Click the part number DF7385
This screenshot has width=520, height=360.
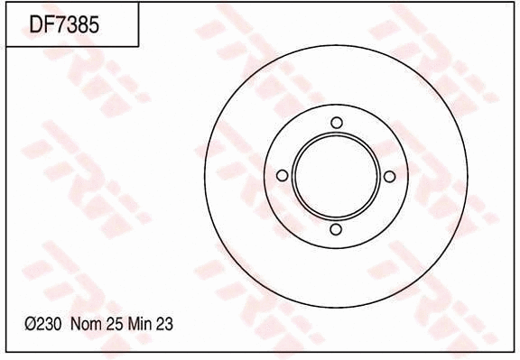coord(64,25)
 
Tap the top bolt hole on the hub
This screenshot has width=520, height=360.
coord(337,123)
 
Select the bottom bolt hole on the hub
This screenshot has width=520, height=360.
coord(337,230)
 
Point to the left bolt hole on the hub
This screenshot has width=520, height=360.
coord(282,176)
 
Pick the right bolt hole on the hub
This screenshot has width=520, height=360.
coord(391,176)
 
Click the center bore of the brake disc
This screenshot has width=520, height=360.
coord(337,176)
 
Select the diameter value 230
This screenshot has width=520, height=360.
coord(48,323)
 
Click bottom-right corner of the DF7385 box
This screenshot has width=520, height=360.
coord(138,46)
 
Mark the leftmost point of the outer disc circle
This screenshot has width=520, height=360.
coord(205,176)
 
